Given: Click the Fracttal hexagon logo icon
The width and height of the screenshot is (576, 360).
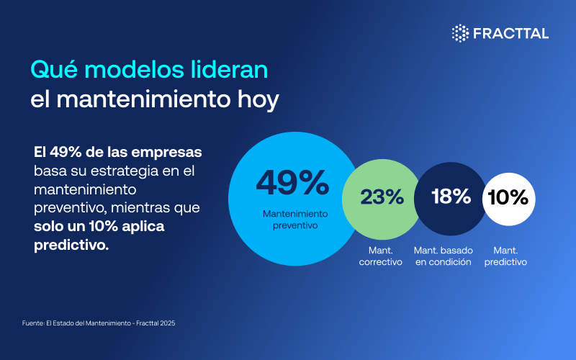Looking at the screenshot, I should [460, 32].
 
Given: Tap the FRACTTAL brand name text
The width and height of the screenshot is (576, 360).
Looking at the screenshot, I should [510, 32].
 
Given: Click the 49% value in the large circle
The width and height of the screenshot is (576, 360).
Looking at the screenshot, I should [292, 183].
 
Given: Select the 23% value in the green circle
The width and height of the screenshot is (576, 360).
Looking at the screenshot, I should [382, 197].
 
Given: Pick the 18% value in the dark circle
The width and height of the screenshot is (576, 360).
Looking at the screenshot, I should [451, 197].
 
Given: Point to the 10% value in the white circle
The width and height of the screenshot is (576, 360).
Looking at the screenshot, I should [508, 197].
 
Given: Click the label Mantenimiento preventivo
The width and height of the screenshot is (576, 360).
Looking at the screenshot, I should [295, 220].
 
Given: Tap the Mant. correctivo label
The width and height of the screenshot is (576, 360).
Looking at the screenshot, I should [381, 256].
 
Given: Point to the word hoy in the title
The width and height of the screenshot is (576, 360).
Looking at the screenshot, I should [256, 100].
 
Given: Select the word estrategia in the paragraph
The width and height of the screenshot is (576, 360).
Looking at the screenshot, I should [134, 171].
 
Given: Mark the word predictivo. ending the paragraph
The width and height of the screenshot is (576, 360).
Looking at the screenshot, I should [71, 245].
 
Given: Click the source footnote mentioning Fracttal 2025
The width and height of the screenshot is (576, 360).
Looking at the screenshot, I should [99, 323].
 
